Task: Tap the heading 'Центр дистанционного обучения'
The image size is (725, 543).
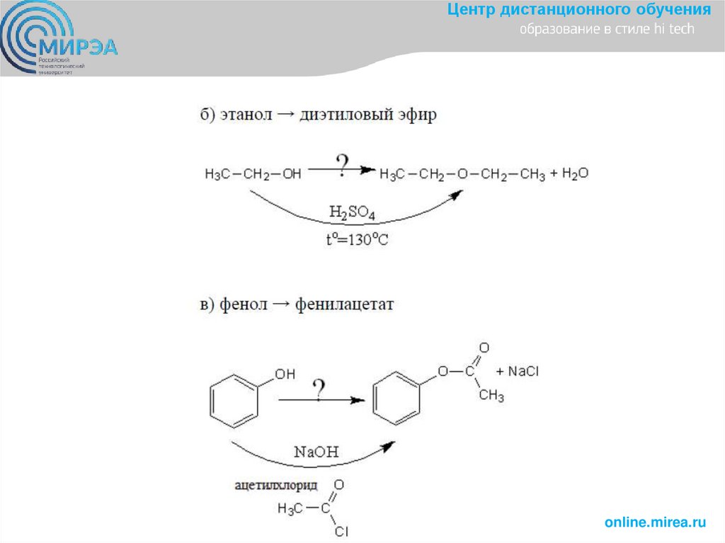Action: click(578, 10)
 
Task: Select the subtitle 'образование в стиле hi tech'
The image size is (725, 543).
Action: click(607, 30)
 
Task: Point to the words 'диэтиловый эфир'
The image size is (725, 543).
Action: click(369, 115)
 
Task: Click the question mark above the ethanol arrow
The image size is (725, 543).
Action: click(342, 165)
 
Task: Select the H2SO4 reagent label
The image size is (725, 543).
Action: click(352, 213)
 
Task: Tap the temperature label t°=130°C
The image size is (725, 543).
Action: click(357, 239)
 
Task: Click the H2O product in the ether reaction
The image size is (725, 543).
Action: click(575, 173)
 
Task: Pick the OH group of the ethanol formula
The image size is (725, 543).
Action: click(291, 174)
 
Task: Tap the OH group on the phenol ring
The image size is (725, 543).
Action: click(284, 375)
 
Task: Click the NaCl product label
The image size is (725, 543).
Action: click(523, 372)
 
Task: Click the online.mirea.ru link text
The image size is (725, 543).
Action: click(656, 522)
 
